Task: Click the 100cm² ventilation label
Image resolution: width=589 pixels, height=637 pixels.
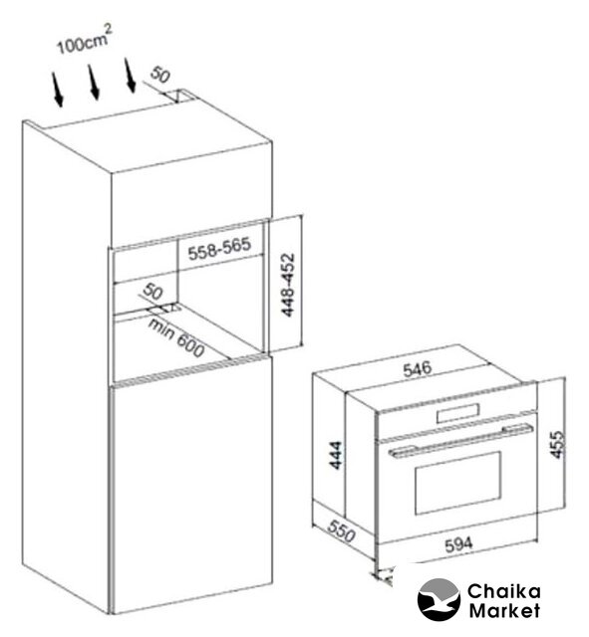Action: point(84,40)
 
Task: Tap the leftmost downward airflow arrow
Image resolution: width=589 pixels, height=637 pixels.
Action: point(58,90)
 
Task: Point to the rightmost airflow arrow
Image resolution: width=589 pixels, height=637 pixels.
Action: point(130,76)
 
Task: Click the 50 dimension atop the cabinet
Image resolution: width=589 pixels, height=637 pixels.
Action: point(159,75)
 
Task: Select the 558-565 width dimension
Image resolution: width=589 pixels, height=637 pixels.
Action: point(219,248)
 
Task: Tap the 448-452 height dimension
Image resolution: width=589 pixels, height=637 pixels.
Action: point(288,285)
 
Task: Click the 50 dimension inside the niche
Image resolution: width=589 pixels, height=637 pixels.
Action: point(152,292)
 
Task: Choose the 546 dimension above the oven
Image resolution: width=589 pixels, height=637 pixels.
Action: point(417,369)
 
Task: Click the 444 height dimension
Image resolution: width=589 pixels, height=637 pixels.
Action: point(337,455)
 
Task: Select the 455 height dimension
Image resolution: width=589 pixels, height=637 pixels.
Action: point(558,445)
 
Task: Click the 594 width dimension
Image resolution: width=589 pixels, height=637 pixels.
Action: point(459,544)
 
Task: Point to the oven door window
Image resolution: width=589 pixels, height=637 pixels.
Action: point(457,482)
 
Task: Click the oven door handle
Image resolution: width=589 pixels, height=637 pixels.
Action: point(460,440)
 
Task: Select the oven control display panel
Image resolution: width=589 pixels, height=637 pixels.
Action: point(457,414)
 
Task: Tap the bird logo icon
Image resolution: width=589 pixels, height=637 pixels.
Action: point(439,599)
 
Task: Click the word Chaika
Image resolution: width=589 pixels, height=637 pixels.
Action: point(503,591)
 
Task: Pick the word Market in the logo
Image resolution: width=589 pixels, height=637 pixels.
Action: point(504,610)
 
